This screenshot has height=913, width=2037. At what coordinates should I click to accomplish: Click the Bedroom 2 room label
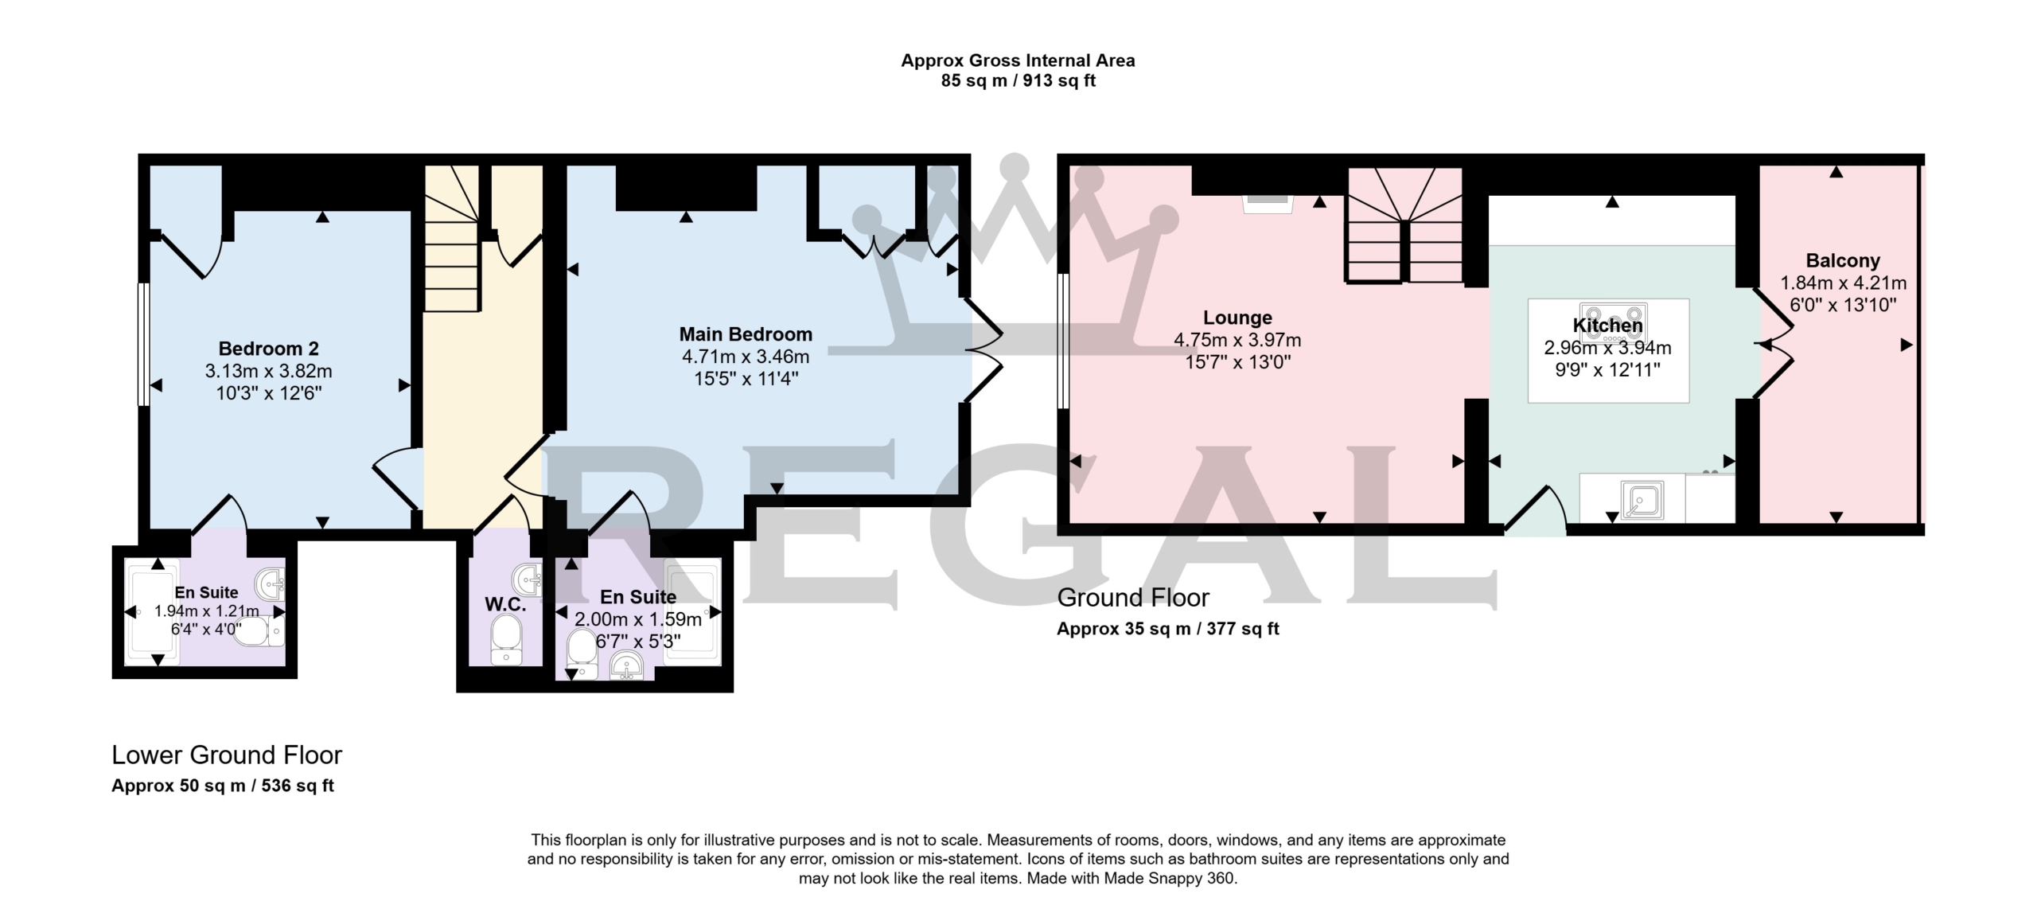tap(269, 349)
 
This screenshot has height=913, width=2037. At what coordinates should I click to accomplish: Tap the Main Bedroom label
tap(746, 334)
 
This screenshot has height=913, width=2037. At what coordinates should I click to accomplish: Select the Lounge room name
tap(1237, 318)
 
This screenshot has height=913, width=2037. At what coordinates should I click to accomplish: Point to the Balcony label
tap(1843, 260)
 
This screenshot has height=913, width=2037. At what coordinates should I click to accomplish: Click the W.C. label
tap(505, 604)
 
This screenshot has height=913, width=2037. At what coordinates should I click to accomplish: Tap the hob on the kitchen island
tap(1614, 323)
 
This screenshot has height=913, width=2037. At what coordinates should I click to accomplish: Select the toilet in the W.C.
tap(506, 642)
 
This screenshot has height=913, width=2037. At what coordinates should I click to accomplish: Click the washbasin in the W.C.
tap(527, 579)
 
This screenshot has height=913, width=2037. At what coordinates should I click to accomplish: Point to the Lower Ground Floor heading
tap(227, 755)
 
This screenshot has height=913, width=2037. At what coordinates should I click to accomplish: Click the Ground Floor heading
tap(1133, 597)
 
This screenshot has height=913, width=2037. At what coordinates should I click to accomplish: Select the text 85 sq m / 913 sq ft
tap(1018, 81)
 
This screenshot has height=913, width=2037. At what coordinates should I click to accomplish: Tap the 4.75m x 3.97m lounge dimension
tap(1237, 340)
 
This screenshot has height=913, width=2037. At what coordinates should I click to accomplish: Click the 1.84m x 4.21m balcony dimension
tap(1843, 283)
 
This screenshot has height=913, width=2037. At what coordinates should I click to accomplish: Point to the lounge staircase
tap(1404, 225)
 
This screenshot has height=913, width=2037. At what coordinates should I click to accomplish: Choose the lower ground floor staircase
tap(452, 239)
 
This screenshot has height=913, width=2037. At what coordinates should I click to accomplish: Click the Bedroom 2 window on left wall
tap(143, 345)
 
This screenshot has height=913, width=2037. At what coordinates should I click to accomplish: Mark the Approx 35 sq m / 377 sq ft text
tap(1167, 629)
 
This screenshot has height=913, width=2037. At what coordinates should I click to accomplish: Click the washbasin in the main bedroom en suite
tap(627, 667)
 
